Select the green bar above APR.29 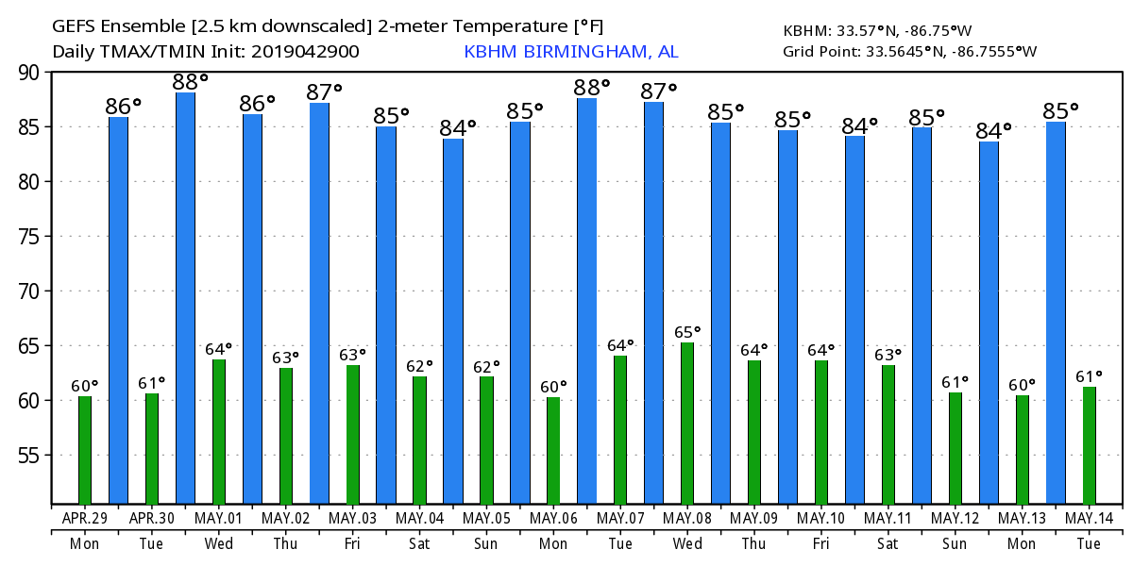click(85, 450)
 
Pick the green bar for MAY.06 click(553, 451)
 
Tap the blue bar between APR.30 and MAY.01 click(185, 298)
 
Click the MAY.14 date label click(1089, 519)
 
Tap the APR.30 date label click(152, 519)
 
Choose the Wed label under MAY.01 click(218, 544)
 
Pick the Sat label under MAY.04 click(419, 544)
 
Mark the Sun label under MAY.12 click(955, 544)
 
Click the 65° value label click(686, 332)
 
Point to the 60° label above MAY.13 click(1022, 385)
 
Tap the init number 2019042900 click(309, 52)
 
